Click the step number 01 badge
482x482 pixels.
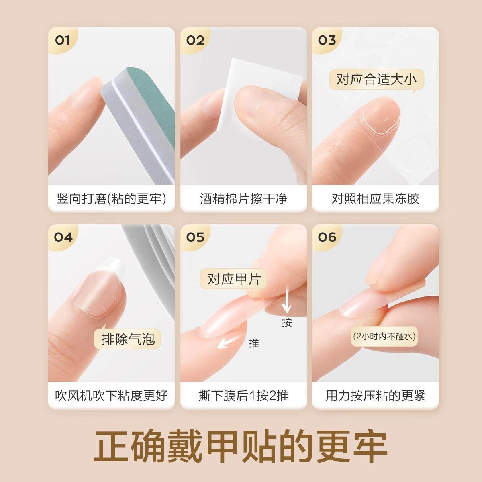tap(63, 40)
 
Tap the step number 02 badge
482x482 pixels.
tap(195, 40)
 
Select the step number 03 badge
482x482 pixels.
tap(327, 40)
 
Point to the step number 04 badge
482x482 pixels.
tap(63, 237)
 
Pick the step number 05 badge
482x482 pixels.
tap(195, 237)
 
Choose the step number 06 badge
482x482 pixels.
tap(327, 237)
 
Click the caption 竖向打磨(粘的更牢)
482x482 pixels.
tap(111, 198)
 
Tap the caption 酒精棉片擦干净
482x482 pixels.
tap(243, 198)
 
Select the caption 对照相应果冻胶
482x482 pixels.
tap(375, 198)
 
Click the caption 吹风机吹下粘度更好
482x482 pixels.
tap(111, 395)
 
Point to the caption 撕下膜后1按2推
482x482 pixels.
tap(243, 395)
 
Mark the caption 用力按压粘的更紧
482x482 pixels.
tap(375, 395)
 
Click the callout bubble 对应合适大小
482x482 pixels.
tap(376, 79)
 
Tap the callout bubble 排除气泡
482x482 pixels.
tap(128, 339)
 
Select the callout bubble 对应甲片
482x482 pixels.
tap(234, 279)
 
